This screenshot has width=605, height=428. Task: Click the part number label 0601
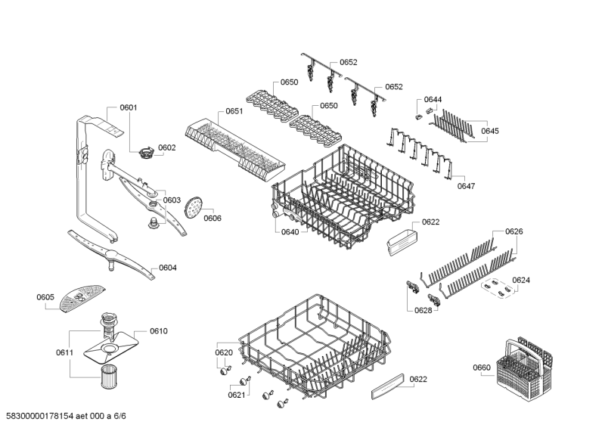tap(129, 108)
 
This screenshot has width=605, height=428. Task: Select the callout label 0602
tap(166, 147)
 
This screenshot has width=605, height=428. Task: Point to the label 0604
tap(168, 268)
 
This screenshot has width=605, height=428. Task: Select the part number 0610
tap(158, 331)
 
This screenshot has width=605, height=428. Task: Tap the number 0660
tap(482, 368)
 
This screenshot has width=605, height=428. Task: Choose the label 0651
tap(234, 111)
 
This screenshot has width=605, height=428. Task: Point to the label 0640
tap(289, 231)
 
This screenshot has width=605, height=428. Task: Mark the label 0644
tap(433, 100)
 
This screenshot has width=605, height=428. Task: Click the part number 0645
tap(489, 131)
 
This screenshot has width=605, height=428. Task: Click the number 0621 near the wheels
tap(237, 395)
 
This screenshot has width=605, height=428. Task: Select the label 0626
tap(513, 231)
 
